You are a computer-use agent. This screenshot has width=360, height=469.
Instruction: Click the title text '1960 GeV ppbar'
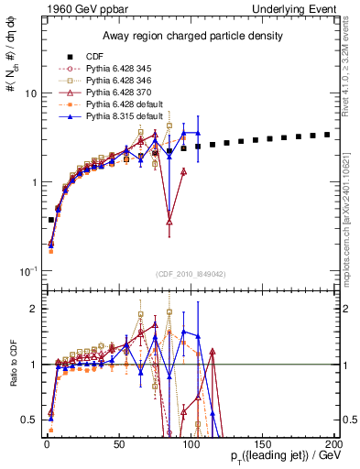(77, 9)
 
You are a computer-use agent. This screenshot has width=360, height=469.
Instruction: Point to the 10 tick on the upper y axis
(29, 94)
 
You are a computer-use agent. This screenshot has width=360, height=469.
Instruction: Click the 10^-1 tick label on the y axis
(27, 272)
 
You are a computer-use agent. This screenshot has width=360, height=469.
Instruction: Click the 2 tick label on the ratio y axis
(33, 309)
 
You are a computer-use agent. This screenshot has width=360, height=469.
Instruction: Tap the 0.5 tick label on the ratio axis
(29, 420)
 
